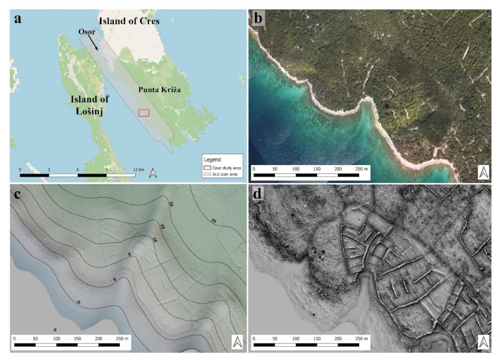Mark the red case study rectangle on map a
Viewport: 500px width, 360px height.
pos(144,113)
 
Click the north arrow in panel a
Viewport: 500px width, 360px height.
pos(154,173)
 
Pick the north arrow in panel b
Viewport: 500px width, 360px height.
pos(483,171)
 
